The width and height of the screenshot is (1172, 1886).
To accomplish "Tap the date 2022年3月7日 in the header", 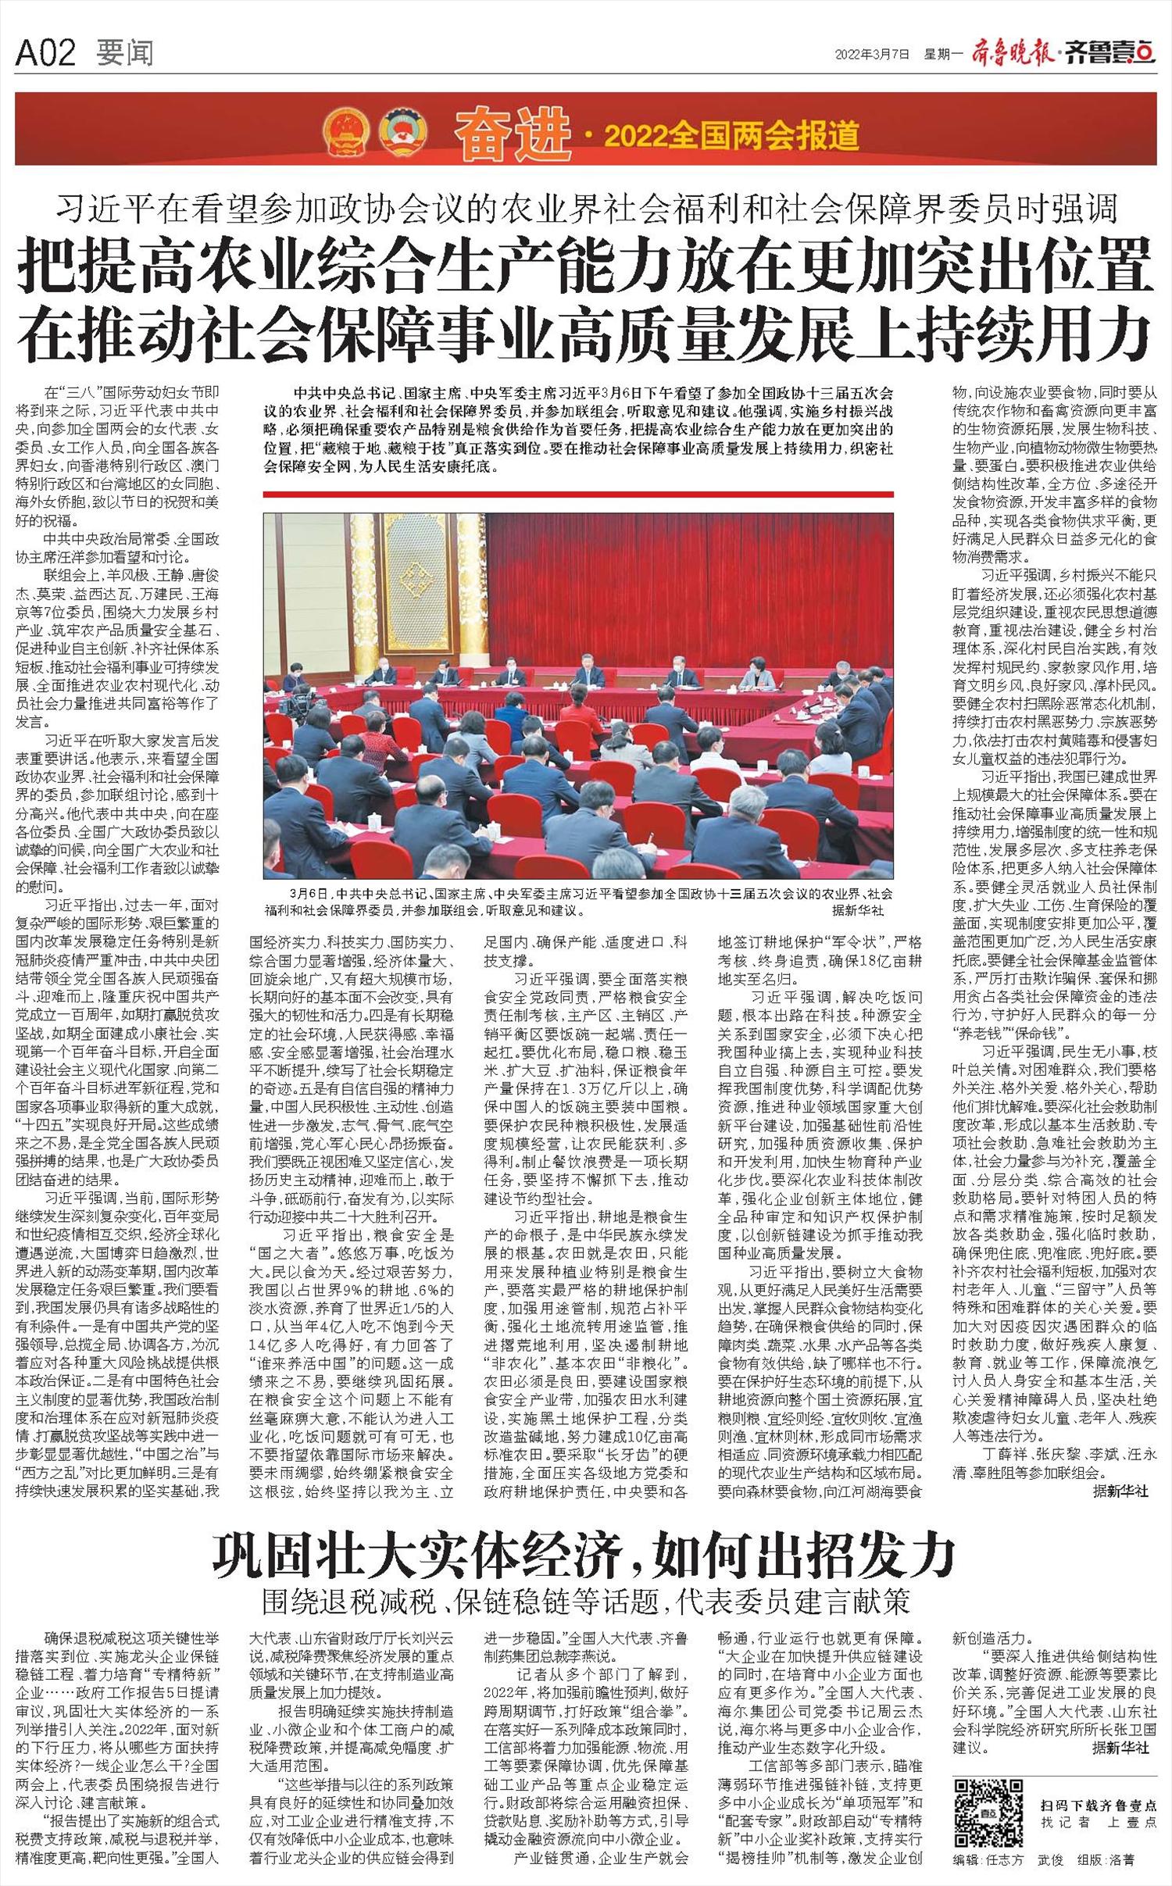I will tap(873, 54).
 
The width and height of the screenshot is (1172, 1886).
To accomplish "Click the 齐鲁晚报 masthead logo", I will tap(1013, 54).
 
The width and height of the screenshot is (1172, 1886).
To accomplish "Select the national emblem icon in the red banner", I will tap(346, 130).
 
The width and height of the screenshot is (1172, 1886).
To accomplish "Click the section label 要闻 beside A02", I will tap(124, 53).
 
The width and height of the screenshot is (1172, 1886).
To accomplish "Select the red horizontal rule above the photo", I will tap(579, 495).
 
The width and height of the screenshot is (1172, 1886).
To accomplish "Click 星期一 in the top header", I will tap(944, 54).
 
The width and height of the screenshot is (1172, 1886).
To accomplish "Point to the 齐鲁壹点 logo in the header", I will tap(1109, 54).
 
